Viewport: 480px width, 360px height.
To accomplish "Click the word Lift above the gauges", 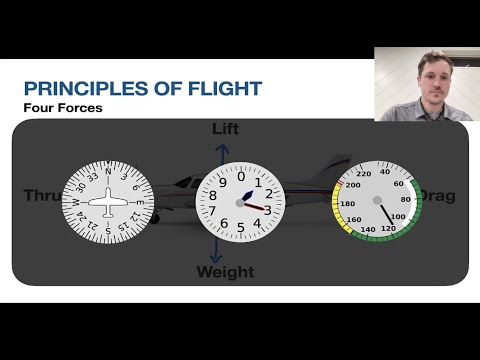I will click(226, 129).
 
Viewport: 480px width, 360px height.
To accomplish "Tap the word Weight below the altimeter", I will click(226, 272).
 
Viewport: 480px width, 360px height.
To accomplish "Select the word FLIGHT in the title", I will click(223, 88).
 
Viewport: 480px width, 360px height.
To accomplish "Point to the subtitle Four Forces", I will click(63, 107).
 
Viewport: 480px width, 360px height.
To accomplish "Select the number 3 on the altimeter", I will click(267, 210).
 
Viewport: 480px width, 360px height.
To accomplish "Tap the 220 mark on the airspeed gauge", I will click(364, 174).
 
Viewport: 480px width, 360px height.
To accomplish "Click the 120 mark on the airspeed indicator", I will click(387, 229).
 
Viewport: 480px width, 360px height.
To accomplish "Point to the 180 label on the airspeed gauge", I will click(348, 204).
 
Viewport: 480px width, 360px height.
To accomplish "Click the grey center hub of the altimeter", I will click(237, 199).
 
